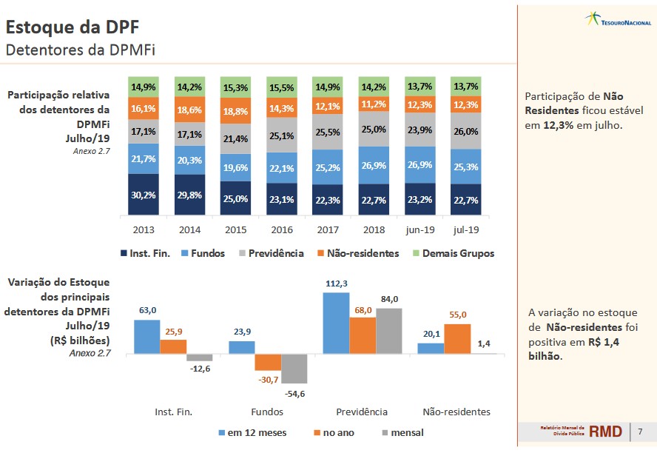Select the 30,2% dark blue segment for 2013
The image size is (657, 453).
click(143, 195)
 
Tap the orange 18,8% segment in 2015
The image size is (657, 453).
click(235, 111)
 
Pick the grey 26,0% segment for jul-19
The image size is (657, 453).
click(465, 131)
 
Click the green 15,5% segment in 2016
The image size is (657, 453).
click(281, 87)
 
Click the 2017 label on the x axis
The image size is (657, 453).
click(327, 229)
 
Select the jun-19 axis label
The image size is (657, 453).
click(419, 229)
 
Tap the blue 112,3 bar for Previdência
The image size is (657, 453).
click(336, 323)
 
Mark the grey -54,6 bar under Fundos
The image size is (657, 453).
click(294, 368)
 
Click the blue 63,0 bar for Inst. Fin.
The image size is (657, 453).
click(146, 337)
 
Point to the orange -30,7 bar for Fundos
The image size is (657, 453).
click(268, 362)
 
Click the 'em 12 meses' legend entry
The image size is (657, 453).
click(252, 432)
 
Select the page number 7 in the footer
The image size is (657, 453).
click(640, 431)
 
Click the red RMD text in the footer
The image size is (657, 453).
click(605, 431)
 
